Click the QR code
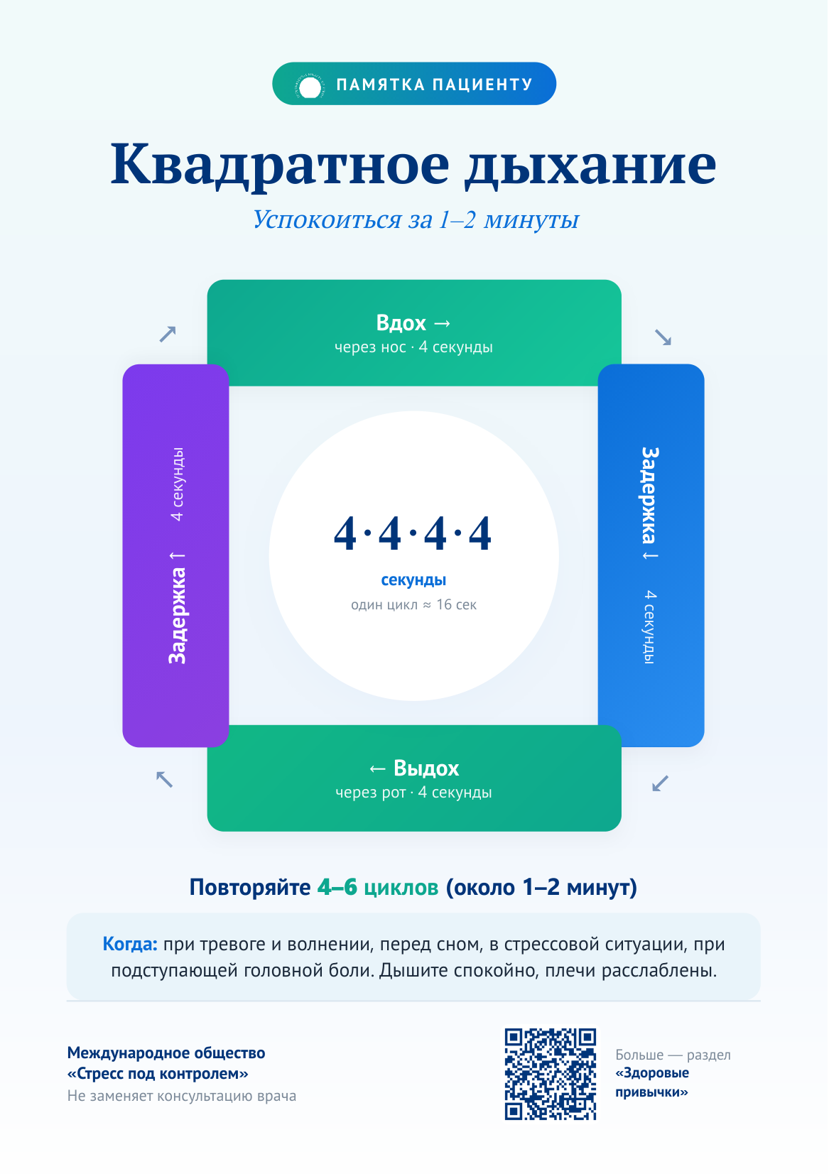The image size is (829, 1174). coord(551,1075)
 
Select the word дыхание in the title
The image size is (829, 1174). coord(591,165)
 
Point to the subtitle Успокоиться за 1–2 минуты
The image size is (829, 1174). coord(416,219)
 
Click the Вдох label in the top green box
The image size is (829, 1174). coord(401,323)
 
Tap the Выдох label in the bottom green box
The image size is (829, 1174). coord(426,768)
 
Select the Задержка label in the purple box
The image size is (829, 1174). coord(177,616)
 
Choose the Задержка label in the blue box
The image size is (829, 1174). coord(650,496)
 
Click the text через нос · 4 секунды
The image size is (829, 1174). coord(413,347)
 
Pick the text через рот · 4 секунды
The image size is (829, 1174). coord(413,793)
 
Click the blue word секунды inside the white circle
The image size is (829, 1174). coord(413,580)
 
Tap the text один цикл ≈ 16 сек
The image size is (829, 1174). coord(413,605)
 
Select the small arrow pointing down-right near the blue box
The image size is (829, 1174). coord(663,338)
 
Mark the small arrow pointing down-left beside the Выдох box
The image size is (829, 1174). coord(660,783)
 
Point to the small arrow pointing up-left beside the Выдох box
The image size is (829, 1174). coord(165,779)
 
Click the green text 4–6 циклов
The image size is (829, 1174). coord(378,888)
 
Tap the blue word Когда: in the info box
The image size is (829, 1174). coord(130,945)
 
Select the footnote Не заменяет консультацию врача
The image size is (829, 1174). coord(181,1096)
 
